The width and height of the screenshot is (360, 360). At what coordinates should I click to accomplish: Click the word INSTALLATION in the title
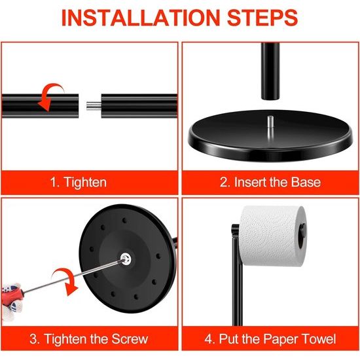click(141, 18)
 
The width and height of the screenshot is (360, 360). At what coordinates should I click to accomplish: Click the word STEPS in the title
click(262, 18)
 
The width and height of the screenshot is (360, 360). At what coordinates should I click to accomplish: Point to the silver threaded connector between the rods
click(94, 106)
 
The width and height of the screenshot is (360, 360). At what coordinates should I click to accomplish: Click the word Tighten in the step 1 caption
click(85, 183)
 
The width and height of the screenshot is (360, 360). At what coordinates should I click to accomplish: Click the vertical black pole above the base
click(270, 71)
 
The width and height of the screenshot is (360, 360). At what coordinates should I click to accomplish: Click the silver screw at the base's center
click(126, 259)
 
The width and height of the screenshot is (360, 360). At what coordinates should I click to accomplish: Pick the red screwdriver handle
click(12, 295)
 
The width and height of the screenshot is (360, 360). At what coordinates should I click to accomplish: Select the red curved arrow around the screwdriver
click(65, 281)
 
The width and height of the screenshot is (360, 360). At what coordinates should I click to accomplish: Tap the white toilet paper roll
click(273, 236)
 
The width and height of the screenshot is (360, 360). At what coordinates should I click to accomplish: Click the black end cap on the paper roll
click(302, 236)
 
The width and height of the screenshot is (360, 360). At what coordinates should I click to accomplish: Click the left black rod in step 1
click(40, 106)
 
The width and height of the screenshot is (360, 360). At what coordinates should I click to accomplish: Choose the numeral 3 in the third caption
click(33, 339)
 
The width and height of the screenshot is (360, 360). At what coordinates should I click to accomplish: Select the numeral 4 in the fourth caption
click(209, 339)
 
